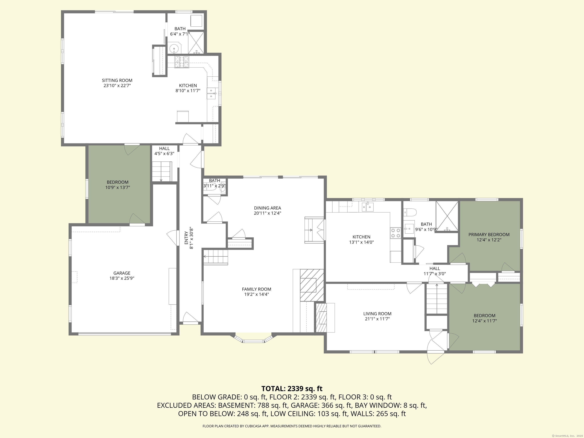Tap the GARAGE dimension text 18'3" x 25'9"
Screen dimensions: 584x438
coord(122,278)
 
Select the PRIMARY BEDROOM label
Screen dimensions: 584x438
coord(489,234)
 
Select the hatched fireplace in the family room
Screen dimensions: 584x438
coord(312,285)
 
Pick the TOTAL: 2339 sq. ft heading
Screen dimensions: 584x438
coord(292,389)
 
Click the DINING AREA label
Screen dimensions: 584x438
coord(267,208)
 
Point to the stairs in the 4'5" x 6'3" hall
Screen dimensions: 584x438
coord(162,172)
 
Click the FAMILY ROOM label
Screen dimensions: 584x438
coord(256,289)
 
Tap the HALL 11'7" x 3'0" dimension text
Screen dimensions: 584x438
coord(435,274)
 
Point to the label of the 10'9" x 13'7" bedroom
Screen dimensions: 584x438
coord(117,182)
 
